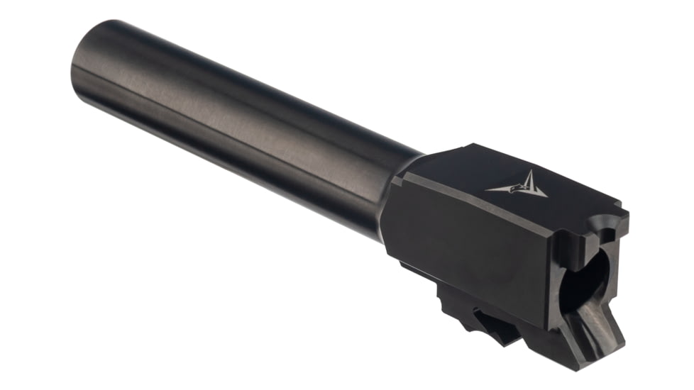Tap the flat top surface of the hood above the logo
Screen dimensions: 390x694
coord(497,160)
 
